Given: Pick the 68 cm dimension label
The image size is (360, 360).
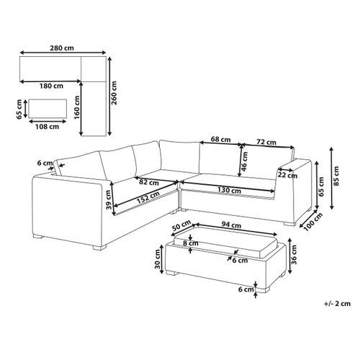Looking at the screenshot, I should click(x=220, y=139).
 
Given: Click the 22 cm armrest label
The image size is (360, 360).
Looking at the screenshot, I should click(x=287, y=174).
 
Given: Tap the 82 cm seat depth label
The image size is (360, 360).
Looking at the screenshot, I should click(x=149, y=181).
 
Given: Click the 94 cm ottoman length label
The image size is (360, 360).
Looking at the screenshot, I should click(x=230, y=222).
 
